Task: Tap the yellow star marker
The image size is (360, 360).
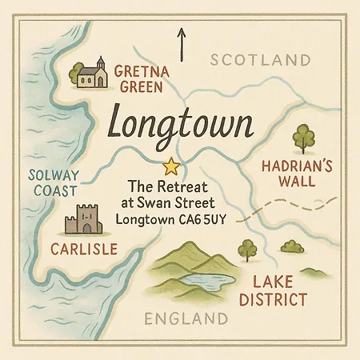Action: pyautogui.click(x=170, y=167)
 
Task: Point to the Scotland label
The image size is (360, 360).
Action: pyautogui.click(x=259, y=60)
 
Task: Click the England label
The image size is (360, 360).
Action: pyautogui.click(x=180, y=320)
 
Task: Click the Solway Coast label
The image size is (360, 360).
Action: pyautogui.click(x=52, y=183)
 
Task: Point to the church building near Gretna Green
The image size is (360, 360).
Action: pyautogui.click(x=93, y=74)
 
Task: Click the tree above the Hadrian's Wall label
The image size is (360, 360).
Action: pyautogui.click(x=303, y=137)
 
